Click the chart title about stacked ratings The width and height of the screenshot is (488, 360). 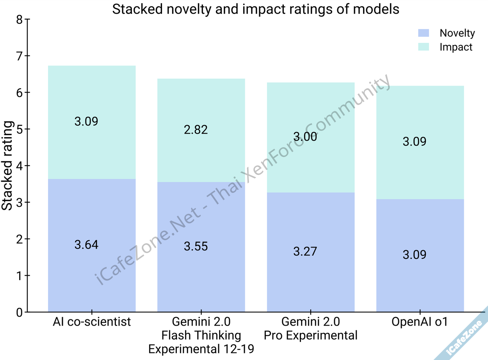click(x=256, y=9)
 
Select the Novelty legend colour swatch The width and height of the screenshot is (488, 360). click(x=423, y=33)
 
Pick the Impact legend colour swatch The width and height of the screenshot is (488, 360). click(x=423, y=47)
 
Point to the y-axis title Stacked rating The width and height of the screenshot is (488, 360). click(x=8, y=166)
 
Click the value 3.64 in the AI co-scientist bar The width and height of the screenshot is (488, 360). click(x=86, y=245)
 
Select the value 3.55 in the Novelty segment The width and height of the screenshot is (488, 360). click(x=196, y=246)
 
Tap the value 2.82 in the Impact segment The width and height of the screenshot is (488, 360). click(x=196, y=130)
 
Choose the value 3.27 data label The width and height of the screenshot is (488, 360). click(x=305, y=251)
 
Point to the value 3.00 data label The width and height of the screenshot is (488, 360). click(x=305, y=137)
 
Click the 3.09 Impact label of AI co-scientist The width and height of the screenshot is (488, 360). click(x=86, y=121)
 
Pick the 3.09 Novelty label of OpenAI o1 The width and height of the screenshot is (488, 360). click(x=415, y=255)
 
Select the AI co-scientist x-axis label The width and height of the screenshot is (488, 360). click(x=92, y=322)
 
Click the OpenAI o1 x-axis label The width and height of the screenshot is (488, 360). click(x=420, y=322)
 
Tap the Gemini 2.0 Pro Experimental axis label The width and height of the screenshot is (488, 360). click(x=311, y=329)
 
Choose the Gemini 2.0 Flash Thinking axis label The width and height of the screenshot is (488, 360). click(x=201, y=335)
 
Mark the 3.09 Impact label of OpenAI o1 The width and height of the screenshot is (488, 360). click(x=415, y=141)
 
